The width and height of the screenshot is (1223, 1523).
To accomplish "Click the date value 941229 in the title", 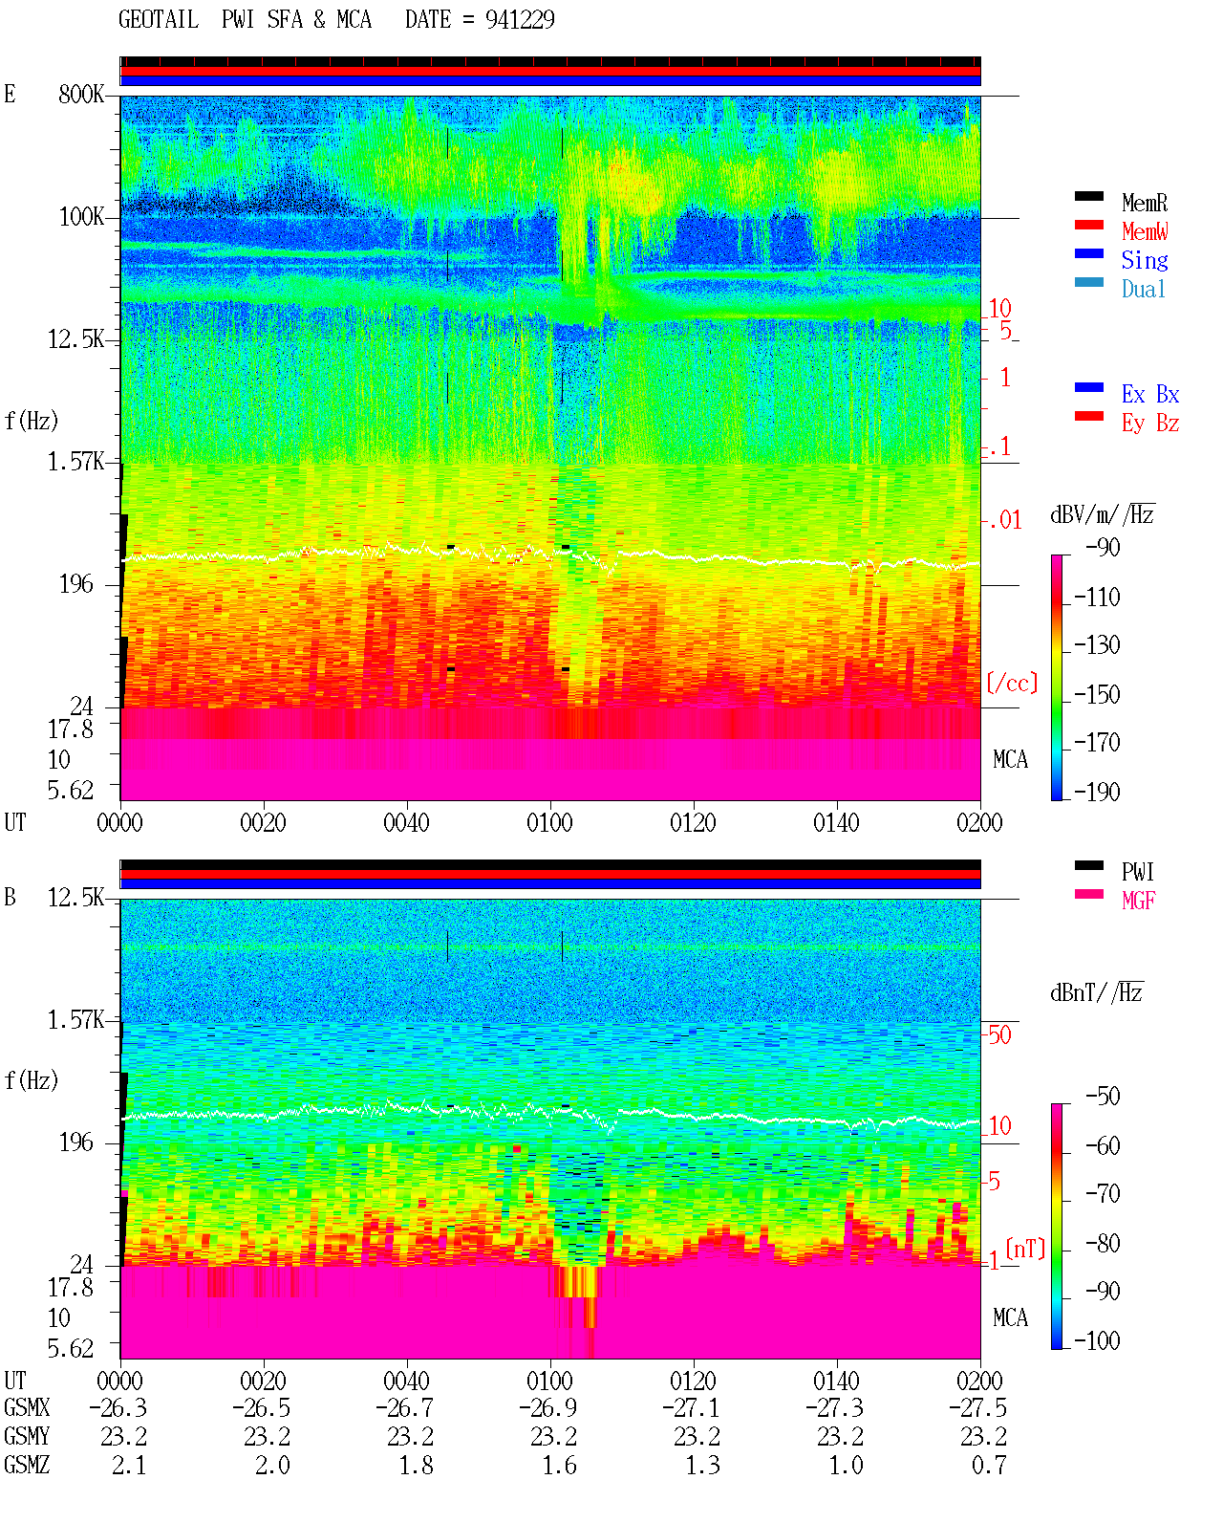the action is point(519,19).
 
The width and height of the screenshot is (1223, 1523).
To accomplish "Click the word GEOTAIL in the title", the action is point(159,19).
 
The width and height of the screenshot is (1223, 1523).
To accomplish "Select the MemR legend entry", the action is point(1144,203).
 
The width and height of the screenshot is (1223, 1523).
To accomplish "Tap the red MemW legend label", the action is point(1144,231).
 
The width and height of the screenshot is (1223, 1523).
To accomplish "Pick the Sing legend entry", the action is point(1144,260).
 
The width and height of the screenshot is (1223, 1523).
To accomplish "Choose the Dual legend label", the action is point(1143,289).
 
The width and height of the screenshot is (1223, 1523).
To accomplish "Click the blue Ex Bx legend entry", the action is point(1149,394).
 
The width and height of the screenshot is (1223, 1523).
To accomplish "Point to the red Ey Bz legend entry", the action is point(1149,423).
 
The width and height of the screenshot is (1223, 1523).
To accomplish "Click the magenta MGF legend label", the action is point(1138,901).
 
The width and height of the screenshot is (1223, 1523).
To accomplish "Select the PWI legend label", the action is point(1137,871).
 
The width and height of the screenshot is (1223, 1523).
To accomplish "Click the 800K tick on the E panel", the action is point(81,94).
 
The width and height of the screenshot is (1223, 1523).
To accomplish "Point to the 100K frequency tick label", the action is point(81,217).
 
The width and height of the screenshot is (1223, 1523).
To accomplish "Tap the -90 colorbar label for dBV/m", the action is point(1102,547).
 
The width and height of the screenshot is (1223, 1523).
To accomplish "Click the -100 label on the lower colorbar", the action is point(1096,1339).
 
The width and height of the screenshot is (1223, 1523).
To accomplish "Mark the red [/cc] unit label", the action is point(1012,683).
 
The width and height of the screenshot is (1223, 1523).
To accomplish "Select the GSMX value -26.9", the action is point(548,1407).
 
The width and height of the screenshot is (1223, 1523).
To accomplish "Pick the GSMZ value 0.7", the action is point(988,1465).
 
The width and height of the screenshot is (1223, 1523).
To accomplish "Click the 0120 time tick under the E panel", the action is point(694,822).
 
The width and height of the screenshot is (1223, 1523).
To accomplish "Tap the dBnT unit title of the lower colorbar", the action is point(1096,993).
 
